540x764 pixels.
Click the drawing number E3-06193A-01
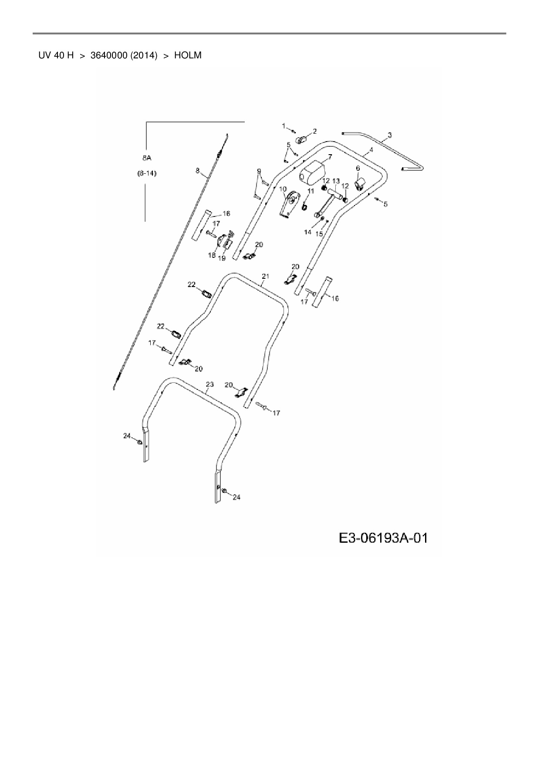point(383,539)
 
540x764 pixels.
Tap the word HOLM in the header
point(188,56)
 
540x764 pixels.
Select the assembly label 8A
point(147,159)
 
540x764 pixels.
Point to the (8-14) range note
point(147,173)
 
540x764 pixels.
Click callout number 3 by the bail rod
point(389,135)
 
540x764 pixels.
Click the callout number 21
point(266,276)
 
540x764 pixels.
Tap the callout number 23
point(209,384)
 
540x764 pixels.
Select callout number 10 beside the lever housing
point(283,189)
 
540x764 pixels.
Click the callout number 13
point(336,181)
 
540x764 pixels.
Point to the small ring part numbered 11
point(304,205)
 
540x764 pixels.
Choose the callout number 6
point(358,168)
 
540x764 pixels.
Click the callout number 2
point(314,131)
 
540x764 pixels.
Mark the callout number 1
point(283,126)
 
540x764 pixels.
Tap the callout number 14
point(307,232)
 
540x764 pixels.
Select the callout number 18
point(212,255)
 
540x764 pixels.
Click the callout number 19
point(222,258)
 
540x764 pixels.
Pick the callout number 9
point(259,171)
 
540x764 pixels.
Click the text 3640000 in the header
point(123,56)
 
